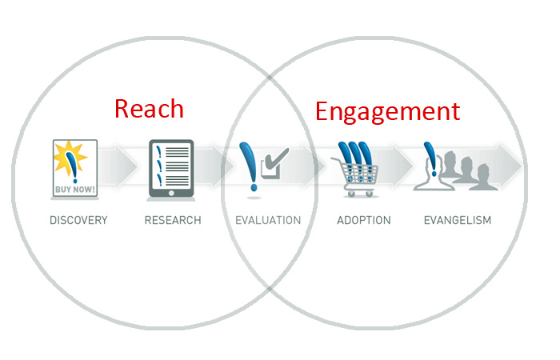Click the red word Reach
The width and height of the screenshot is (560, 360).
pos(149,109)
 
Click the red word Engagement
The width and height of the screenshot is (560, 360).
pos(387,112)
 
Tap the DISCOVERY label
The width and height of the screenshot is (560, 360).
pos(78,220)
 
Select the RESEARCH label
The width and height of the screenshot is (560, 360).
pos(173,220)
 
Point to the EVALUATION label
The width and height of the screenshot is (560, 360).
pos(268,220)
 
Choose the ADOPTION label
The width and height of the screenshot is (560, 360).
pos(364,220)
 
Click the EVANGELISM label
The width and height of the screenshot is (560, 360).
pos(458,220)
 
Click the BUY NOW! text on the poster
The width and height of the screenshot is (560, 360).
pos(75,190)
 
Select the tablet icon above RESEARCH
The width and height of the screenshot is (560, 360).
pos(171,169)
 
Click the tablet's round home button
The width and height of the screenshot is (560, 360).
pos(171,194)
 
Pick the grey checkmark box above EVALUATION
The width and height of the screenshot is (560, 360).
pos(274,163)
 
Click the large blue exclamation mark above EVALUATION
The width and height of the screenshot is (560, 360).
pos(250,166)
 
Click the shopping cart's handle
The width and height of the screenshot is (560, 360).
pos(337,160)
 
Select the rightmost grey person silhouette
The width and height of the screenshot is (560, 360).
pos(483,177)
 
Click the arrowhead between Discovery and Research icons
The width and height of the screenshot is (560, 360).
pos(125,166)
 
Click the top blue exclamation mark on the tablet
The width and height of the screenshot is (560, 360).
pos(158,151)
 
